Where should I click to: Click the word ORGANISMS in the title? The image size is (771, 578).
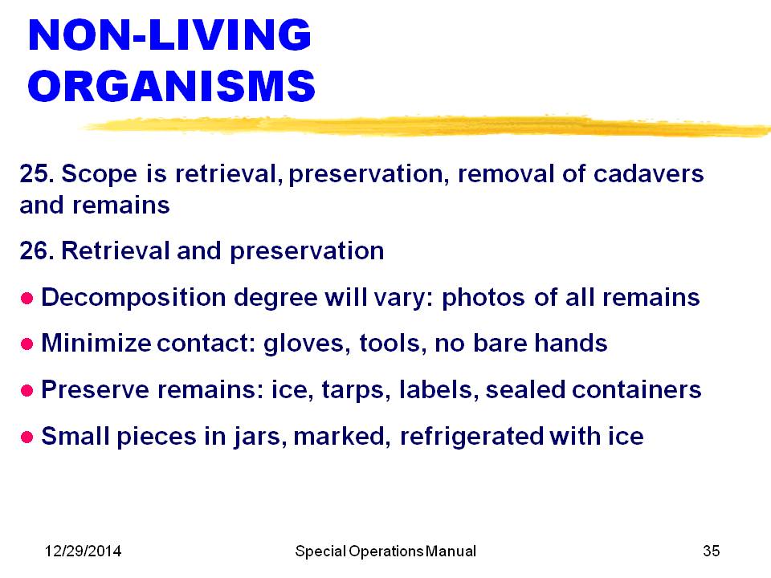coord(172,86)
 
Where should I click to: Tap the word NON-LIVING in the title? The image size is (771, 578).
coord(169,35)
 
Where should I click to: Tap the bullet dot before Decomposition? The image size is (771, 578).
coord(27,299)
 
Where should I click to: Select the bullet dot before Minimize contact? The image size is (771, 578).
coord(27,344)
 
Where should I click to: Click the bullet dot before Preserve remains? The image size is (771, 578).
coord(27,391)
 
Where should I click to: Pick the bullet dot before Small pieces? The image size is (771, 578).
coord(27,437)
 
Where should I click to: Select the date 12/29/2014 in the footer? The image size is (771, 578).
coord(83,551)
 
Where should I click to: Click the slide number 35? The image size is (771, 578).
coord(711,551)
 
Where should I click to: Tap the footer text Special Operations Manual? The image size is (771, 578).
coord(385,552)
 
